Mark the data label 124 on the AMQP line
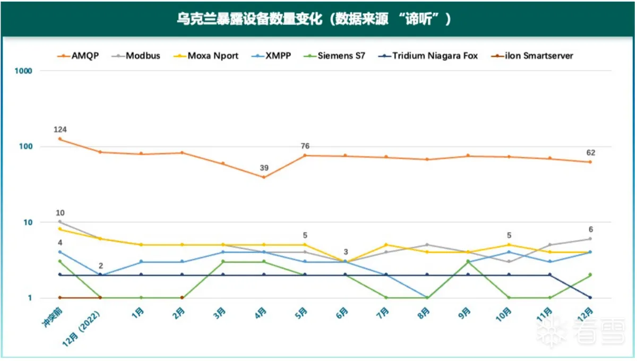(60, 130)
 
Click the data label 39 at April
(264, 168)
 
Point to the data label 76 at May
(305, 146)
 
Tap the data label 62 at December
(590, 152)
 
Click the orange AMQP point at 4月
(264, 177)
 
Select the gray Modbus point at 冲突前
(59, 221)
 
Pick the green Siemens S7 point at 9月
(468, 261)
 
